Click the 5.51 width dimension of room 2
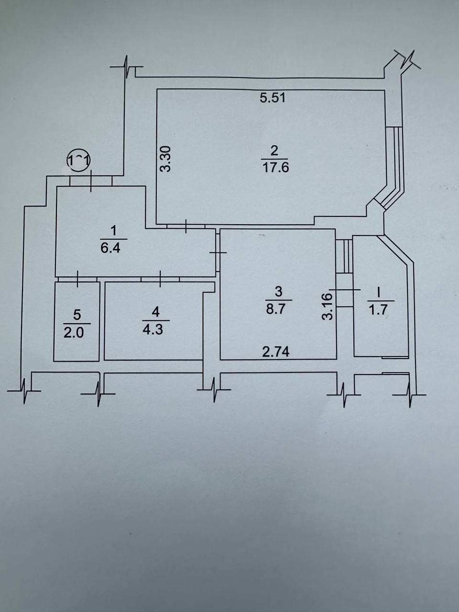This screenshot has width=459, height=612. [272, 98]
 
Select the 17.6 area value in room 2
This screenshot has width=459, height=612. [275, 168]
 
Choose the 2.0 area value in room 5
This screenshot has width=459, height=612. [74, 333]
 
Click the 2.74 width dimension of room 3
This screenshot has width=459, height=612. [276, 352]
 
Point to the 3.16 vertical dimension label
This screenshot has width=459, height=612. [328, 306]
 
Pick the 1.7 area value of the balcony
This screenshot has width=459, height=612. [381, 310]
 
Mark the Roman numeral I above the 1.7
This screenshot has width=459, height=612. [379, 293]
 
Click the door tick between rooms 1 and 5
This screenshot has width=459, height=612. [78, 279]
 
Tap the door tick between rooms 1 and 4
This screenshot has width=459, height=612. [160, 279]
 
